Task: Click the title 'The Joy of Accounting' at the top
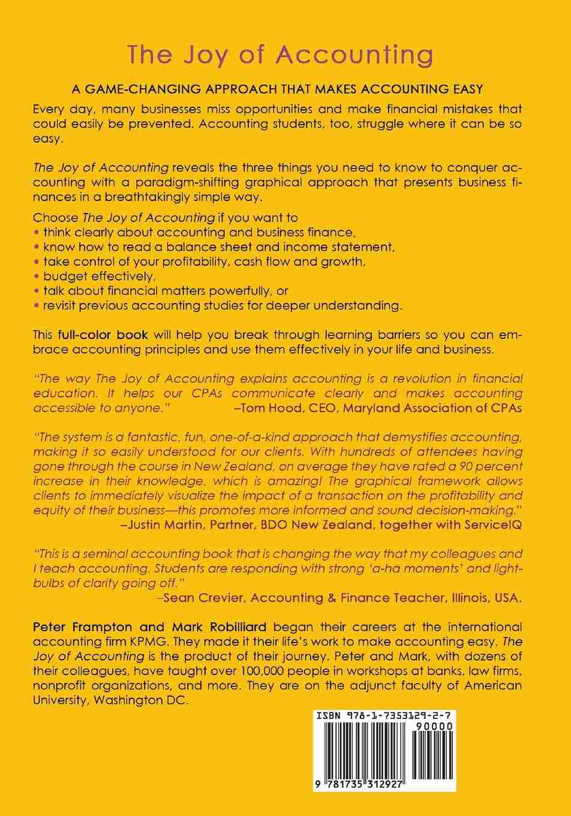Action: point(280,55)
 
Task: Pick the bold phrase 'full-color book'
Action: point(103,335)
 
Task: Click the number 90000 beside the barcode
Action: point(433,727)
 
